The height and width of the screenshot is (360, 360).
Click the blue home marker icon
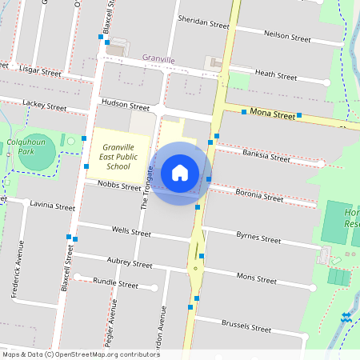tap(180, 173)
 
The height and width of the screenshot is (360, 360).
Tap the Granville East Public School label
tap(118, 157)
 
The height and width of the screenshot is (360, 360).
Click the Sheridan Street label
tap(203, 22)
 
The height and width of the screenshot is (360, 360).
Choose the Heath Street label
tap(275, 76)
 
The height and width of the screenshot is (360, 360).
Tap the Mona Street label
tap(271, 114)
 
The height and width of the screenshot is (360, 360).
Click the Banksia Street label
tap(265, 158)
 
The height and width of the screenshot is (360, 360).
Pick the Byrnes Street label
tap(258, 238)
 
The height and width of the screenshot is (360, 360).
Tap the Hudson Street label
tap(126, 106)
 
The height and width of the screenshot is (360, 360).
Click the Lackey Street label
tap(45, 105)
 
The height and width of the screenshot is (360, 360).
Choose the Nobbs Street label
tap(118, 186)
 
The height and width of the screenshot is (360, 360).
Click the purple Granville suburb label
tap(158, 58)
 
